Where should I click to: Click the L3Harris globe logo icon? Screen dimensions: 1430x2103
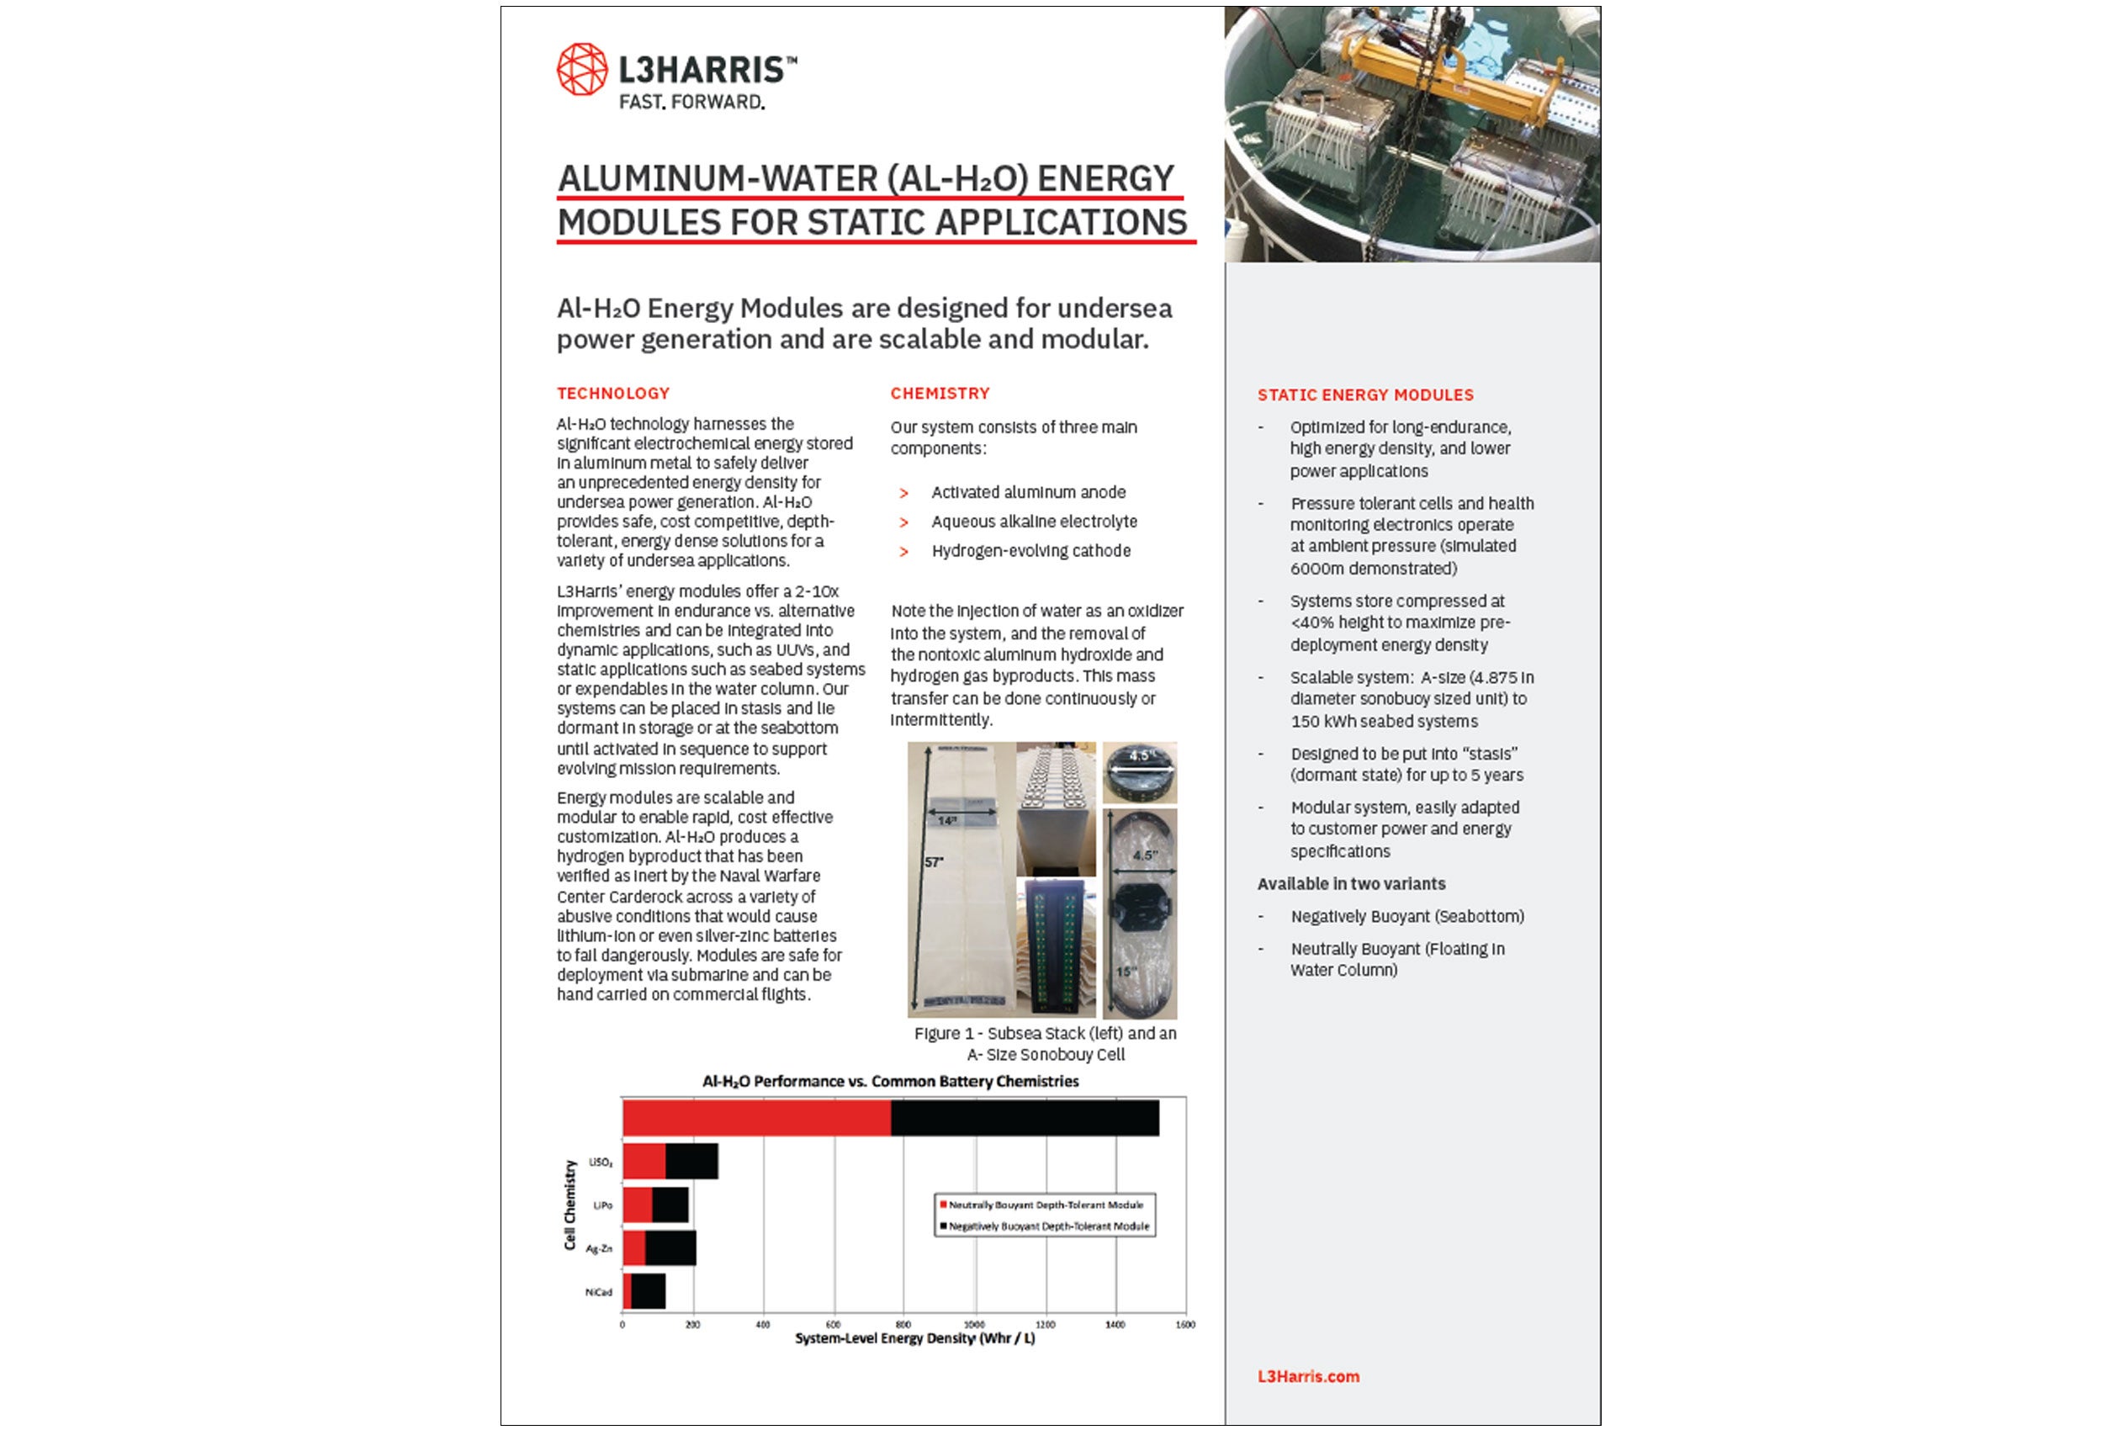coord(581,69)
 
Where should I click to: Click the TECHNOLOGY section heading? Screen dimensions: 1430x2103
coord(612,394)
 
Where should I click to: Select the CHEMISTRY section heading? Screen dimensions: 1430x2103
coord(940,394)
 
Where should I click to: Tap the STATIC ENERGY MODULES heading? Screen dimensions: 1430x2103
coord(1364,395)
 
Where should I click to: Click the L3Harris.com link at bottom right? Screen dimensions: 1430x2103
coord(1307,1377)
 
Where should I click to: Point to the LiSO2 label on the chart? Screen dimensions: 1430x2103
coord(600,1163)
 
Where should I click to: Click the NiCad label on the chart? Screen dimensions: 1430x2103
coord(598,1292)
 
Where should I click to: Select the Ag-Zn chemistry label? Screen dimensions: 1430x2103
coord(598,1249)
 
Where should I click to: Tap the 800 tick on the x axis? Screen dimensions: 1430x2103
coord(903,1325)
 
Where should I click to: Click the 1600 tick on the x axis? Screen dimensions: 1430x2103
coord(1184,1325)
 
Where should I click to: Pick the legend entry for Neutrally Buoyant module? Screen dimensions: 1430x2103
coord(1044,1205)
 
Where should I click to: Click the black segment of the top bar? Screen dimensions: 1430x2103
coord(1025,1118)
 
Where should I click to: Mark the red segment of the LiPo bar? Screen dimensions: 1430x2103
coord(637,1205)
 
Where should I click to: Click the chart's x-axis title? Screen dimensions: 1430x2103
coord(914,1338)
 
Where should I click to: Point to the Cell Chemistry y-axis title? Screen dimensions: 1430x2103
coord(570,1205)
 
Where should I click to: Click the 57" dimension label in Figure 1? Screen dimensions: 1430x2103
coord(934,862)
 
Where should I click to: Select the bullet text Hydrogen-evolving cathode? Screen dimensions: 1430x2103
coord(1030,551)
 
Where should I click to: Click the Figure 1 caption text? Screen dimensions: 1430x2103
coord(1045,1044)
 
